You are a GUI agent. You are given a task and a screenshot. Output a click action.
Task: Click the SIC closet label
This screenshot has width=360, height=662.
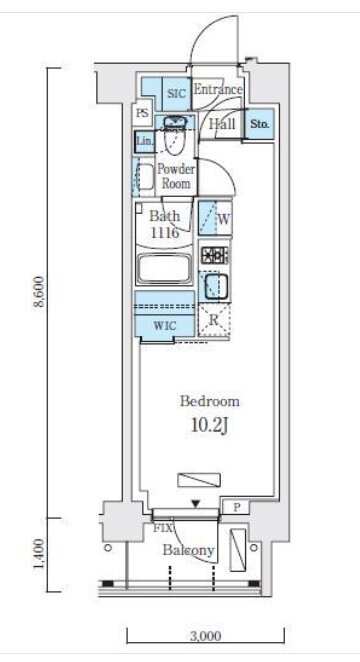(177, 93)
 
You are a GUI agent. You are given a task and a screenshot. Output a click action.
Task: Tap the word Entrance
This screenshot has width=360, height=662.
(218, 90)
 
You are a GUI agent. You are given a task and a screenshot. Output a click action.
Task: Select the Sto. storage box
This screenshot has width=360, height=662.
(260, 124)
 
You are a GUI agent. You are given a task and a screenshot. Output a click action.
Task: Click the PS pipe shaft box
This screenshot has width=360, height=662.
(143, 113)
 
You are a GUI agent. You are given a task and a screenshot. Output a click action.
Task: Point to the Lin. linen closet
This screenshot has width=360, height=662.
(145, 141)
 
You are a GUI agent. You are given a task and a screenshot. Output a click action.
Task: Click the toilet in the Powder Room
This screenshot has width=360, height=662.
(175, 134)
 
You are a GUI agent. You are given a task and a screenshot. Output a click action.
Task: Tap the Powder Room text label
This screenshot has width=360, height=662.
(176, 176)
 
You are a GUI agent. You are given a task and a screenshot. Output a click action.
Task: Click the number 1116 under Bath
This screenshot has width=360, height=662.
(165, 232)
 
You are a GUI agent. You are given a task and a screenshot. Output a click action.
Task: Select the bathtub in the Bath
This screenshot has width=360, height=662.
(165, 268)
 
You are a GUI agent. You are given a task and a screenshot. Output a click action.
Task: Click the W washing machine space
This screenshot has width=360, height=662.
(215, 218)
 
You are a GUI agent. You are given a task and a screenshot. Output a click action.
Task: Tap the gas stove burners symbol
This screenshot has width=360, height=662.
(214, 255)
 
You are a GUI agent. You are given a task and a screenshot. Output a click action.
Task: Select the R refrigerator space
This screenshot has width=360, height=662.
(214, 320)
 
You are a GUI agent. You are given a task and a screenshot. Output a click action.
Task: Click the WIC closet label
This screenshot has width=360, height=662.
(165, 326)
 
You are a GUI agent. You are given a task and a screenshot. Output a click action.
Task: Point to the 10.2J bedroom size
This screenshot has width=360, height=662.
(210, 426)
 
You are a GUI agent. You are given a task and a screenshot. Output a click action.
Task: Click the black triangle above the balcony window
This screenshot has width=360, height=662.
(195, 503)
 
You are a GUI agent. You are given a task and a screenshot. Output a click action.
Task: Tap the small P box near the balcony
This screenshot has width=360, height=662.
(236, 507)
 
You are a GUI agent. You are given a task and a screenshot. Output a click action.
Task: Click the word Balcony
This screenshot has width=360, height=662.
(189, 550)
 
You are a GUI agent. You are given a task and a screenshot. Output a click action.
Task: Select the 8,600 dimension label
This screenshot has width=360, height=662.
(39, 292)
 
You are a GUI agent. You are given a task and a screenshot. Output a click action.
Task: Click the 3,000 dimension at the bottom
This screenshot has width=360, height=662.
(206, 635)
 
